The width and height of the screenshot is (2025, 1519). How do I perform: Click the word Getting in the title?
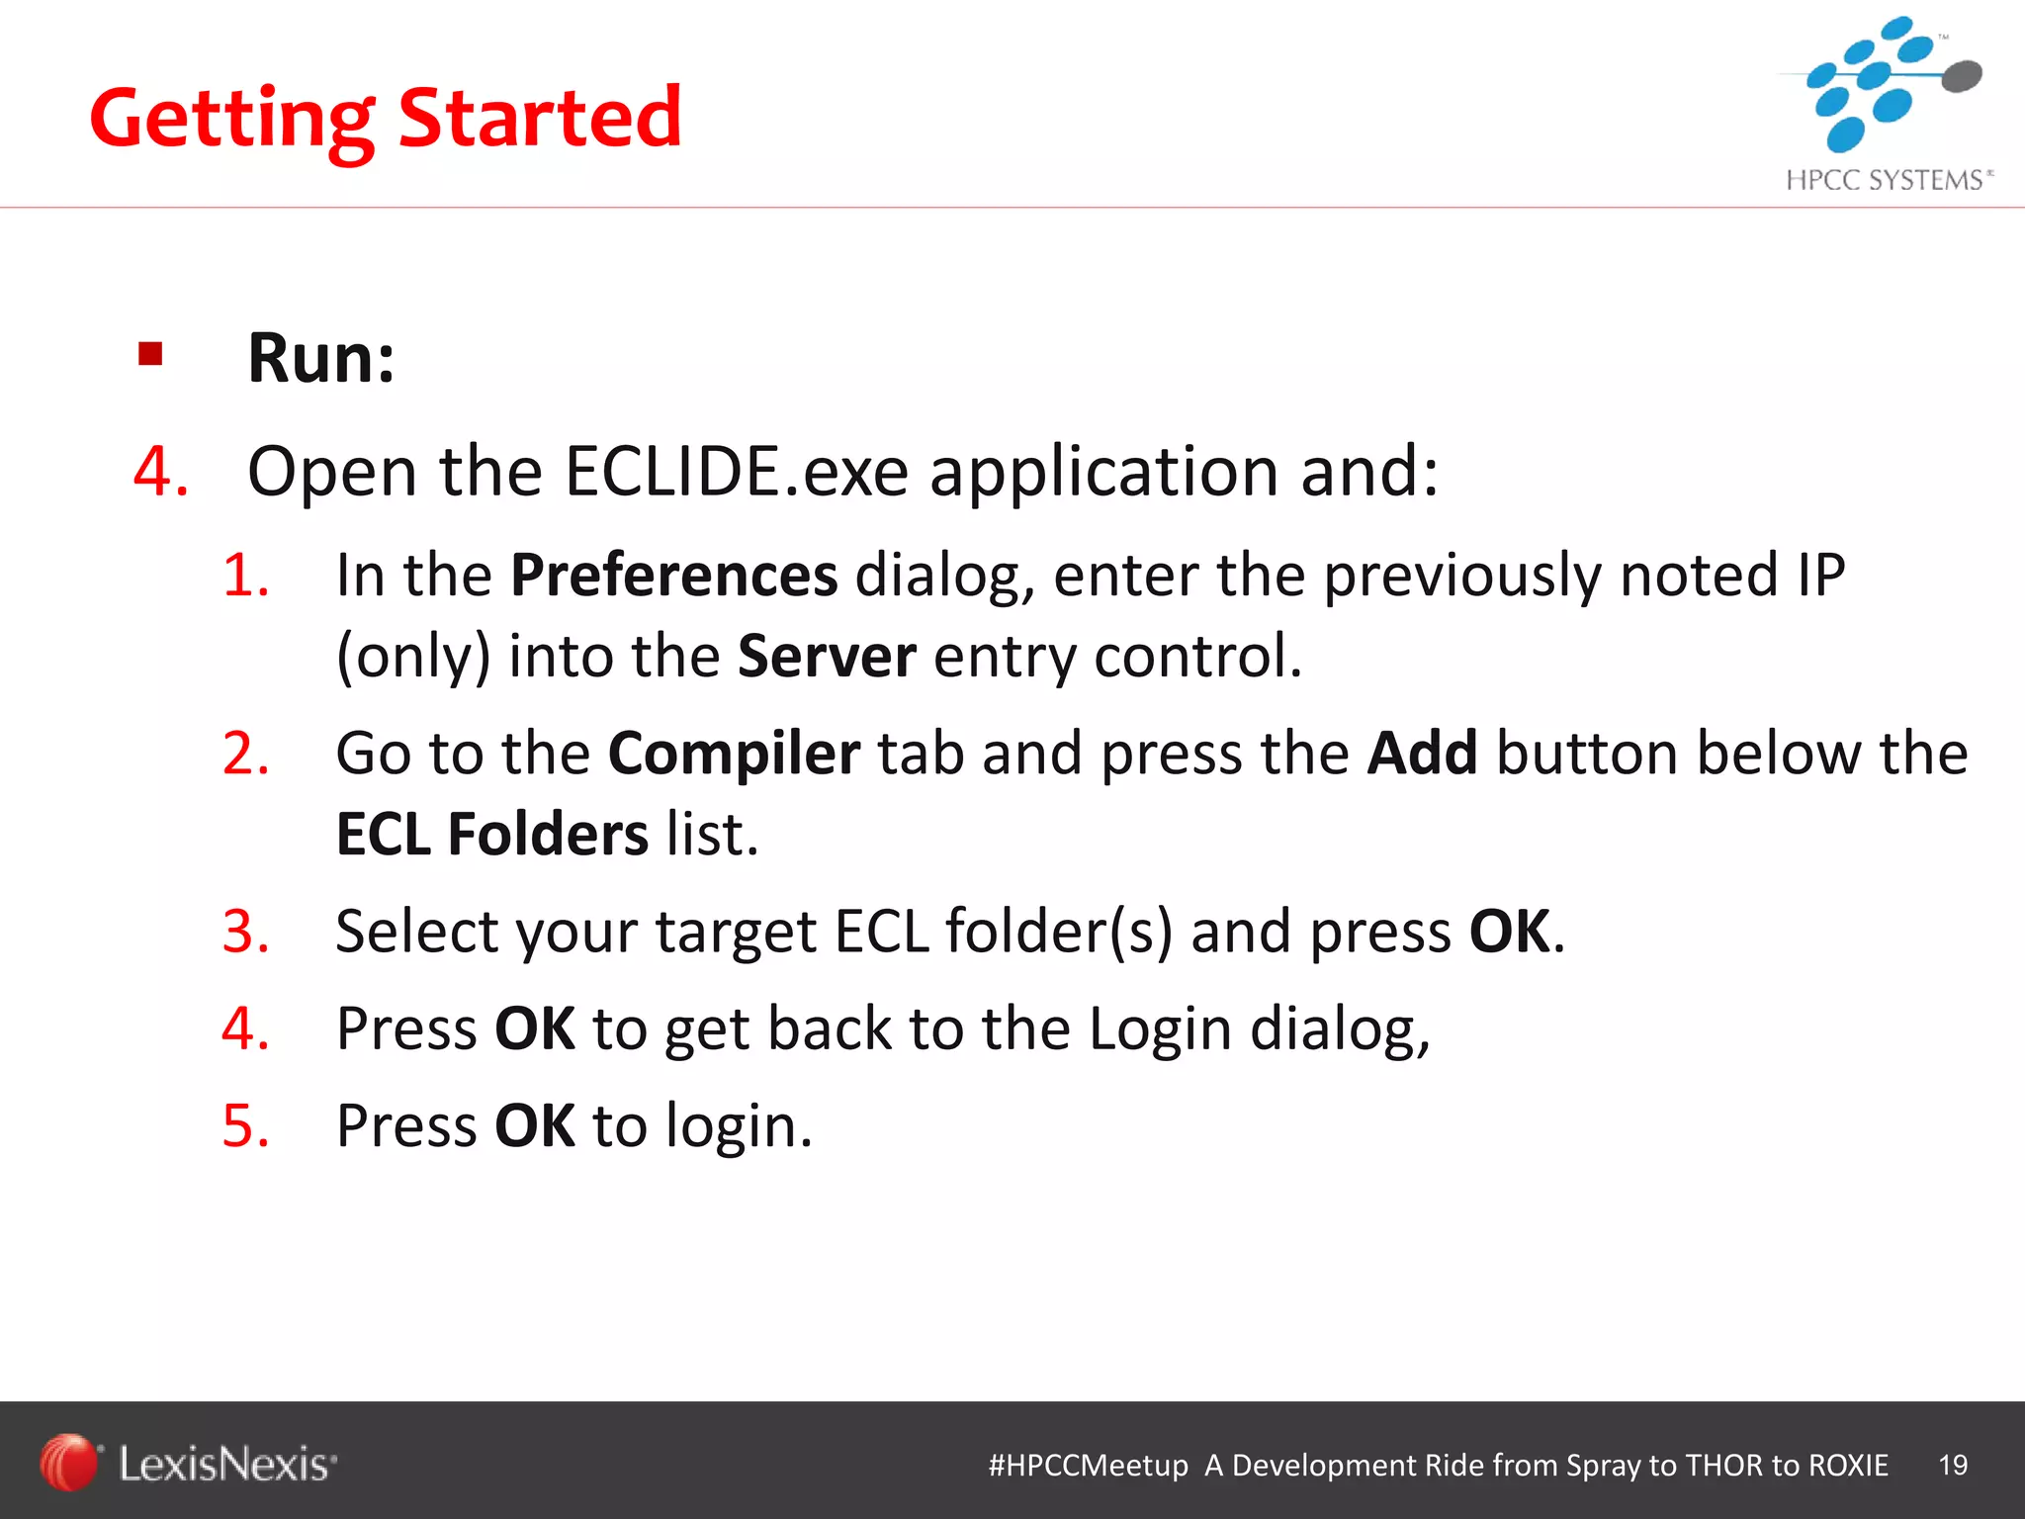(x=232, y=119)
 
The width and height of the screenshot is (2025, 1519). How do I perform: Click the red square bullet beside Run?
(x=150, y=354)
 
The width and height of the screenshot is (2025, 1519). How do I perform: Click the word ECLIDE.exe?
(x=736, y=471)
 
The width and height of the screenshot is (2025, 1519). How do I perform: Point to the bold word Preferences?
(x=673, y=575)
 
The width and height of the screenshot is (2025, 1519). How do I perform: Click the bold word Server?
(x=827, y=656)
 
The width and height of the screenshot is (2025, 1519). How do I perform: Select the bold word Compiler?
(x=734, y=754)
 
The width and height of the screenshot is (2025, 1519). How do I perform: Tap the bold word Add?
(x=1422, y=754)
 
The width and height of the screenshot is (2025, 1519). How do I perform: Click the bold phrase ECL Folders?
(x=491, y=835)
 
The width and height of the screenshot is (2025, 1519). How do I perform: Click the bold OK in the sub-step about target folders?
(x=1510, y=932)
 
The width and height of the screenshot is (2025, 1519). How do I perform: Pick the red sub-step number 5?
(x=243, y=1125)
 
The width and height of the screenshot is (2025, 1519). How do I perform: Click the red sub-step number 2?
(x=243, y=754)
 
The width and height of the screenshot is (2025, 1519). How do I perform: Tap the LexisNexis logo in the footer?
(x=188, y=1464)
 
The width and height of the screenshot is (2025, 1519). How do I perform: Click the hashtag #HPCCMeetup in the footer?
(x=1088, y=1465)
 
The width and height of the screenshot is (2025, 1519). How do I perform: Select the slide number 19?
(x=1953, y=1465)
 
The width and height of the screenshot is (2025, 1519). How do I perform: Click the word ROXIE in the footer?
(x=1848, y=1465)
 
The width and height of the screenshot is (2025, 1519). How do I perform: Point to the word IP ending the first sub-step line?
(x=1820, y=575)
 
